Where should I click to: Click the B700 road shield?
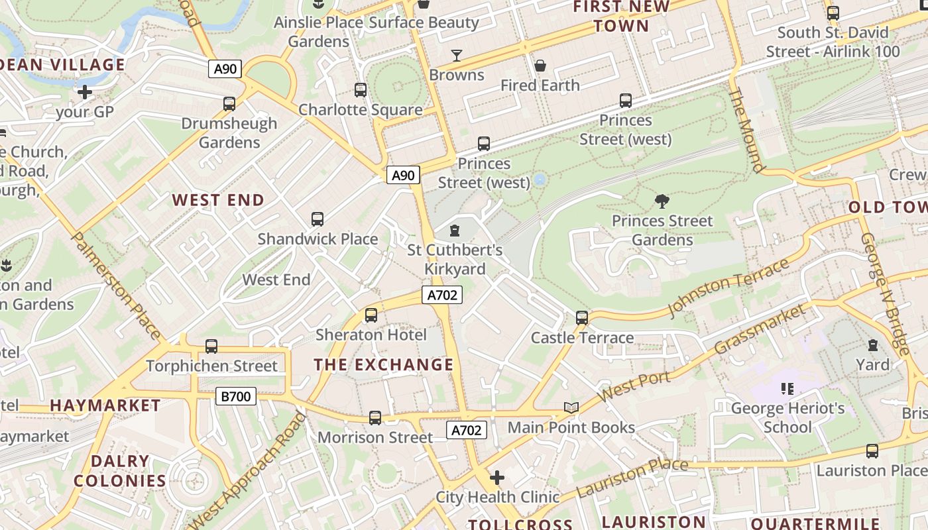click(236, 396)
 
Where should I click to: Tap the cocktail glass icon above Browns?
click(457, 55)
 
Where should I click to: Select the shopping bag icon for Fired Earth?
click(540, 66)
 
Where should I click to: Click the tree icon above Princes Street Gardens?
click(662, 201)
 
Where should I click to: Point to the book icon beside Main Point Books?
click(571, 407)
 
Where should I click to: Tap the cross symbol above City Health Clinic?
click(496, 478)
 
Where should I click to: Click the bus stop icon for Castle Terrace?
click(582, 318)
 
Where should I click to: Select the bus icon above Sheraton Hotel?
click(371, 315)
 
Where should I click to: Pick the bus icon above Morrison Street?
click(375, 418)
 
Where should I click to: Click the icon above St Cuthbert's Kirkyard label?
click(455, 231)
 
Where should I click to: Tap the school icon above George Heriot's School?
click(787, 389)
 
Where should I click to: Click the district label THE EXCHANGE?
click(384, 364)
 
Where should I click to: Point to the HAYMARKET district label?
click(105, 405)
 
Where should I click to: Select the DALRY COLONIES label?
click(120, 471)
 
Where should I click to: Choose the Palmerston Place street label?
click(115, 285)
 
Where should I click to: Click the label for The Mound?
click(746, 129)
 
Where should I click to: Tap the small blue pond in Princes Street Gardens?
click(540, 180)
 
